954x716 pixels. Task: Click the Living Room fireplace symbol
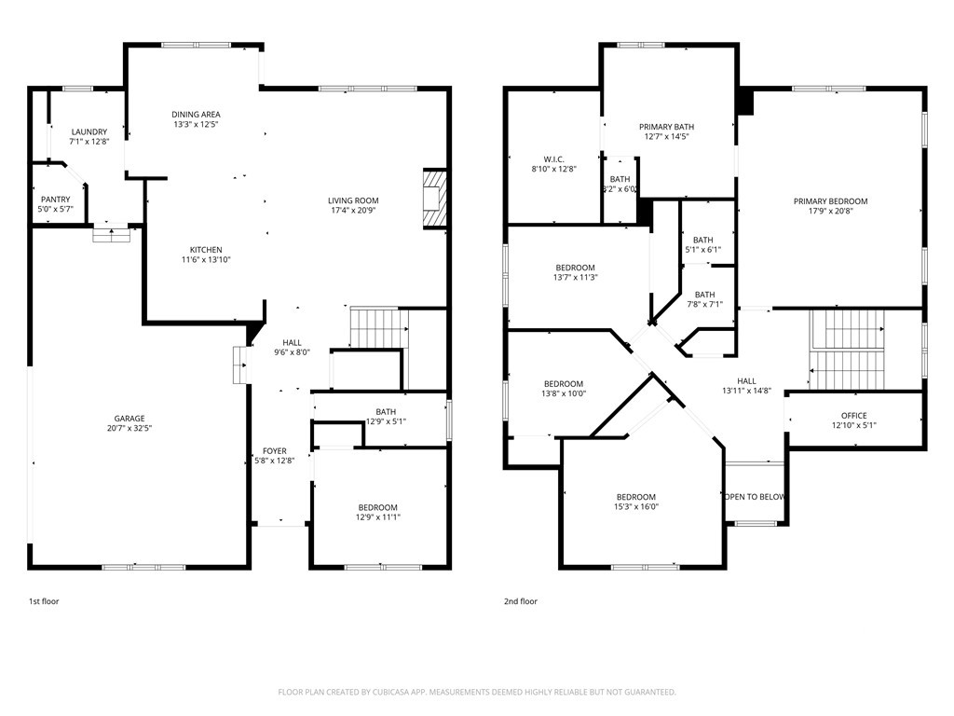click(x=435, y=199)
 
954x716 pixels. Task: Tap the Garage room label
click(x=129, y=419)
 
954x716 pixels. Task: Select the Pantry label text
click(x=55, y=200)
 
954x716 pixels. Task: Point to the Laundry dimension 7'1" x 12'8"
click(x=89, y=142)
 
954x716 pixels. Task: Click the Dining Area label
click(x=196, y=115)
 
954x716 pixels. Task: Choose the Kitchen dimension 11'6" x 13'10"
click(x=206, y=259)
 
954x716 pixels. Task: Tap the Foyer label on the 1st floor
click(x=275, y=451)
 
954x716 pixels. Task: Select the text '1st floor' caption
click(x=44, y=601)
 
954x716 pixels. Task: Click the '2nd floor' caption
click(x=520, y=601)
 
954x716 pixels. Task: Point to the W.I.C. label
click(x=553, y=159)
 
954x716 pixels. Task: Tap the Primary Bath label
click(x=667, y=127)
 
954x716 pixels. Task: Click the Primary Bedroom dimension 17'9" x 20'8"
click(x=830, y=212)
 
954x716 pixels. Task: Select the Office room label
click(x=854, y=416)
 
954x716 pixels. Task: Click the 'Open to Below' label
click(x=755, y=497)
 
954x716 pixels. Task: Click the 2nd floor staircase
click(x=847, y=350)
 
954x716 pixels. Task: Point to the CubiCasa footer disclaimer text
click(x=477, y=692)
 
